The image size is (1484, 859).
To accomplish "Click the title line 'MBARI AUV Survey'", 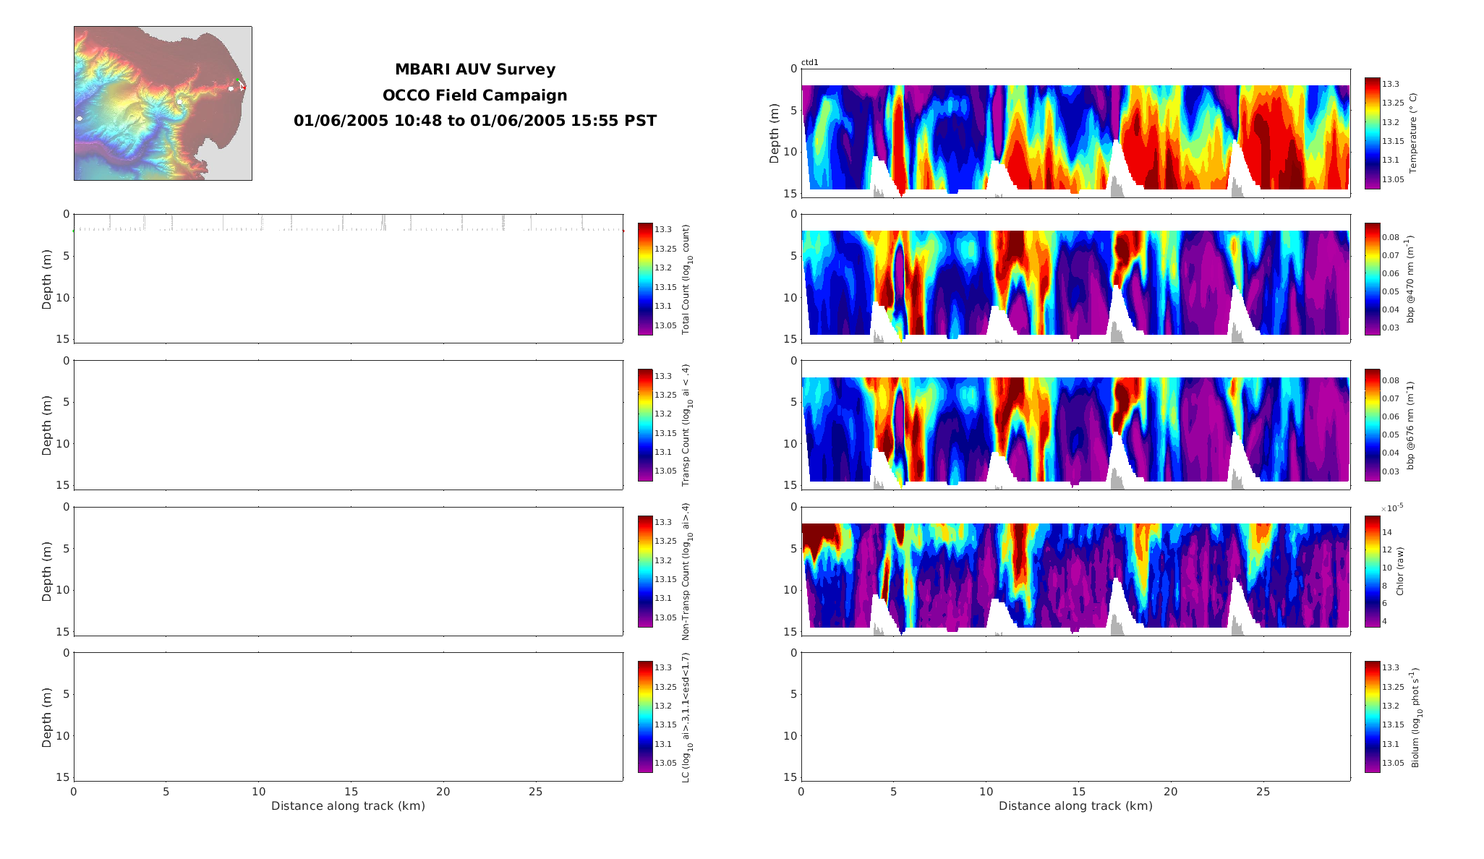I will click(474, 69).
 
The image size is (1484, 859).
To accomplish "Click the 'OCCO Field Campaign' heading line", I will click(474, 95).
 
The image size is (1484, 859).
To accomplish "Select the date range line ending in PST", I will click(474, 121).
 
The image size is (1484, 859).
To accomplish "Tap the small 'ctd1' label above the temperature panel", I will click(809, 63).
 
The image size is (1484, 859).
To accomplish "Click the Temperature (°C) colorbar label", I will click(1413, 133).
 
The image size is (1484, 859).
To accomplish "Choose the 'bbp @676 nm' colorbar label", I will click(1410, 425).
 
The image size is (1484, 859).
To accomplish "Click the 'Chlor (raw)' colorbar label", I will click(1400, 571).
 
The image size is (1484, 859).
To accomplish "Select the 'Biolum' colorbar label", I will click(1415, 717).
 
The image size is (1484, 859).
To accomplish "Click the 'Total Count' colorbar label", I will click(686, 278).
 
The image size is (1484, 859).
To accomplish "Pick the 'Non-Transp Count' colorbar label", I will click(686, 571).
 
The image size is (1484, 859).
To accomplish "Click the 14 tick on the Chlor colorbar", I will click(1386, 533).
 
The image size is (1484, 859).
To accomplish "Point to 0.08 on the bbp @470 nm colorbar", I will click(1390, 238).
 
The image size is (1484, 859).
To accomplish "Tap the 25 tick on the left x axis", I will click(535, 792).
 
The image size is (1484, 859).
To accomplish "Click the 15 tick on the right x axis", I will click(1078, 792).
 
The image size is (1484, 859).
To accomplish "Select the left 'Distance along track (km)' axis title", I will click(348, 806).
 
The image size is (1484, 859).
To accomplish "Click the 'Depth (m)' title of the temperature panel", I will click(775, 133).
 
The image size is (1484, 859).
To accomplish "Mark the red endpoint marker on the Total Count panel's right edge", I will click(623, 231).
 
